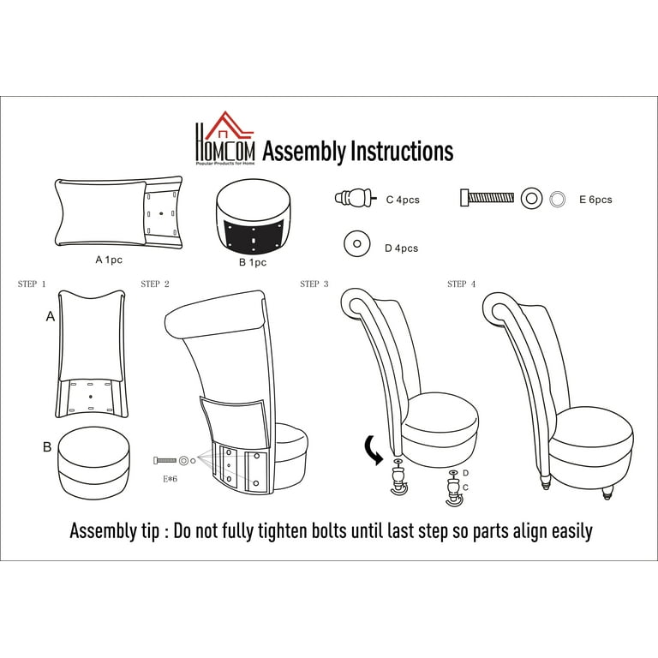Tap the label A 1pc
coord(109,260)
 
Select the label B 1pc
coord(253,262)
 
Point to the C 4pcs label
coord(403,200)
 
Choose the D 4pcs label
coord(402,248)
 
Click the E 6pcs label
coord(595,200)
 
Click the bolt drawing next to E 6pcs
coord(487,198)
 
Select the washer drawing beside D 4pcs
coord(357,243)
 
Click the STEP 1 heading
coord(32,284)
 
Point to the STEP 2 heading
coord(155,284)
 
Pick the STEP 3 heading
coord(314,284)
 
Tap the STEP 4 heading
coord(462,284)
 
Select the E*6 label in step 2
coord(170,479)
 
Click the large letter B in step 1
coord(47,447)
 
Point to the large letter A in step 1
coord(51,316)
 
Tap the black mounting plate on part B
coord(254,238)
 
